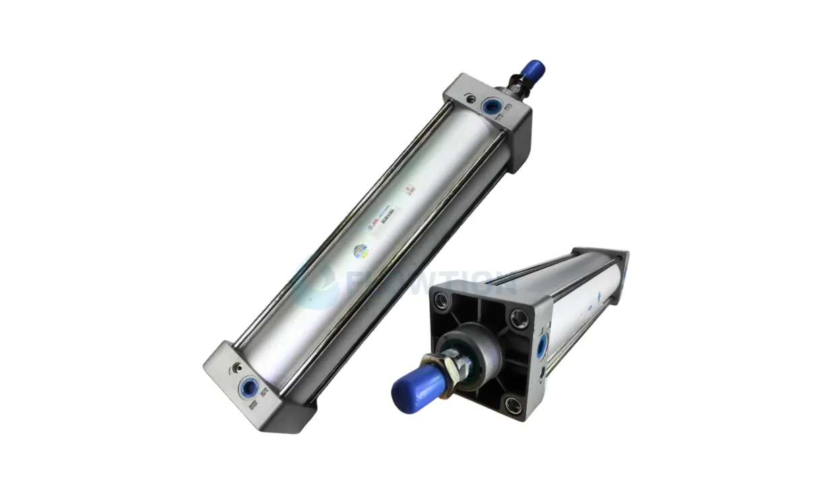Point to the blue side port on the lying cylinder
[542, 346]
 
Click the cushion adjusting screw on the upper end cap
[470, 100]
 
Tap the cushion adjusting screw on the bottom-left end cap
[236, 368]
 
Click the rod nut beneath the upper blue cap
[516, 85]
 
